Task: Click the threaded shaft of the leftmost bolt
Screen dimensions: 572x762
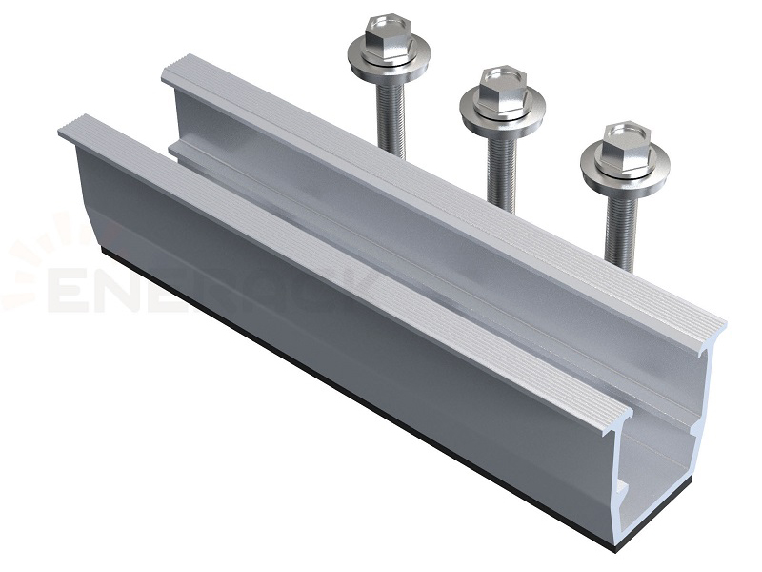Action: click(391, 114)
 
